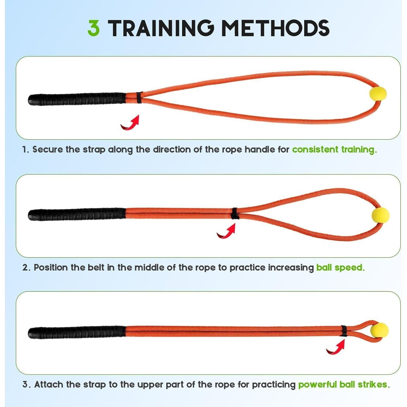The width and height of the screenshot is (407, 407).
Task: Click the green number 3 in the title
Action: tap(94, 28)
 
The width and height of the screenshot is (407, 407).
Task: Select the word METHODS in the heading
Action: tap(275, 28)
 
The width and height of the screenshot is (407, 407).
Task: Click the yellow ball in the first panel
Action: tap(378, 94)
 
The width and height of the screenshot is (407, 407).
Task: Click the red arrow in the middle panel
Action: tap(227, 231)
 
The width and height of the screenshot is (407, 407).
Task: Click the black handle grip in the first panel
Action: tap(77, 99)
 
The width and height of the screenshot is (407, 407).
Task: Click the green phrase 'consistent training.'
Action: tap(334, 150)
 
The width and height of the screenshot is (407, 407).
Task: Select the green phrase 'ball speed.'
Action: tap(340, 268)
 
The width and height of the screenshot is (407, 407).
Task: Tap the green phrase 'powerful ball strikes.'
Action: tap(344, 384)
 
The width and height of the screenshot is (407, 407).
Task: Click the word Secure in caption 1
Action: tap(48, 150)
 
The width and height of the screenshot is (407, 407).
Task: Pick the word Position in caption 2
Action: tap(50, 268)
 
